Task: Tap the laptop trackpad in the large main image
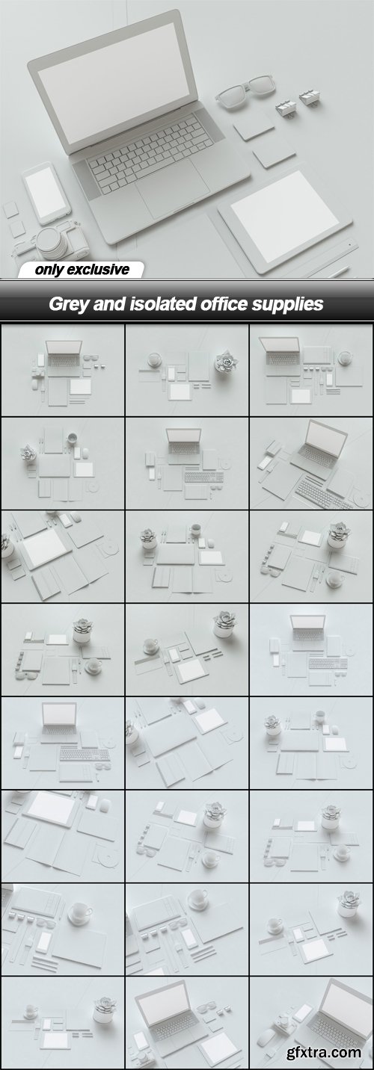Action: point(172,188)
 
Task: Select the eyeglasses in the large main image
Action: point(245,90)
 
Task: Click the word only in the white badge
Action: point(49,270)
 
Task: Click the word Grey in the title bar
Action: point(69,304)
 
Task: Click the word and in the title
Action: point(109,304)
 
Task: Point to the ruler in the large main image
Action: point(329,259)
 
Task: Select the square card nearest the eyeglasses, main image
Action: point(254,126)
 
